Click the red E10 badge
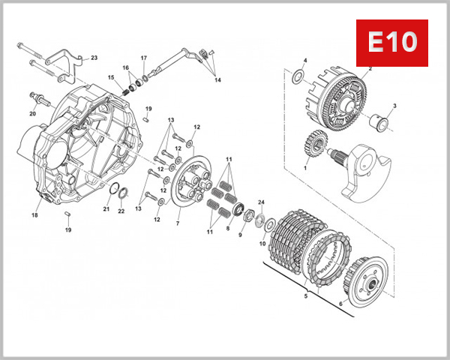point(391,43)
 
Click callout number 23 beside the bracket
point(94,57)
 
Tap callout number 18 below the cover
point(34,214)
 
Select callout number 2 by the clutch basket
point(370,68)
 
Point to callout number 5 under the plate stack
point(304,296)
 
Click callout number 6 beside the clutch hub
point(341,303)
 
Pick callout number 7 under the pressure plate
point(178,223)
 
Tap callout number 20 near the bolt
point(32,113)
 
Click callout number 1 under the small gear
point(305,168)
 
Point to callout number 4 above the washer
point(305,60)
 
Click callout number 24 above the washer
point(262,202)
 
